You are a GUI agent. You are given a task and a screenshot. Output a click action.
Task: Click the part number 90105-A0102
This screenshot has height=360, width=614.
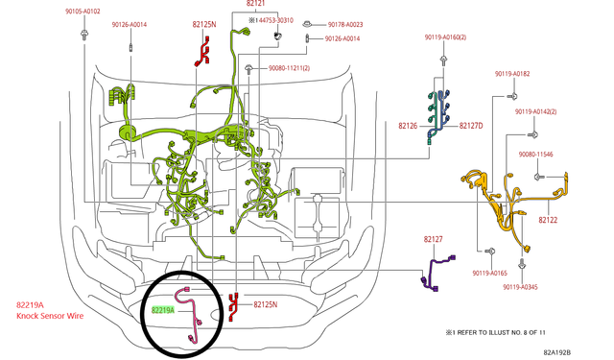click(x=83, y=12)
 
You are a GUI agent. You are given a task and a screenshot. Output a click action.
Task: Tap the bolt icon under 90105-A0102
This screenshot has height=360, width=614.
click(x=83, y=35)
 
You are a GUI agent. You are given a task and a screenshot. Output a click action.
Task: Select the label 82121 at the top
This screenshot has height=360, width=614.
click(x=255, y=4)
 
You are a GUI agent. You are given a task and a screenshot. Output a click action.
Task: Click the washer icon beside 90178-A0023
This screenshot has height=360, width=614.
click(x=308, y=24)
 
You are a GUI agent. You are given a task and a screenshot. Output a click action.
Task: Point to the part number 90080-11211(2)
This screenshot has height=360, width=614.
click(x=289, y=68)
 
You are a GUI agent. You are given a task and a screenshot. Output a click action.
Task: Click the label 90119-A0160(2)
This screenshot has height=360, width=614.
click(x=445, y=37)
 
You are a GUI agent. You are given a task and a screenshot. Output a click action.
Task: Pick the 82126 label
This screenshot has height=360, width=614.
click(x=408, y=126)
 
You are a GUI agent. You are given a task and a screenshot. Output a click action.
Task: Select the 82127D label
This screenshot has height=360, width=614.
click(x=471, y=126)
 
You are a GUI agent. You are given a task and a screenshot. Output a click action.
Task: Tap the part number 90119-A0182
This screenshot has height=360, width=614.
click(x=512, y=74)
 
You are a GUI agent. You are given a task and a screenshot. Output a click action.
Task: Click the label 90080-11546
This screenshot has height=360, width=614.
click(x=535, y=155)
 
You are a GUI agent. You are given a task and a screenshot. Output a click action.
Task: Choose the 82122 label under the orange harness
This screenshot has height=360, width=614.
click(x=548, y=220)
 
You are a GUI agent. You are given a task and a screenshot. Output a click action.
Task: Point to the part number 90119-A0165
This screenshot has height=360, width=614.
click(x=489, y=273)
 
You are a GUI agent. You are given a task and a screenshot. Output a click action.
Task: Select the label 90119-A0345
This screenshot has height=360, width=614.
click(x=520, y=287)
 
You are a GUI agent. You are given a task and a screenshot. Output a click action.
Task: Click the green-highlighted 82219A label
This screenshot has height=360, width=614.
click(x=162, y=310)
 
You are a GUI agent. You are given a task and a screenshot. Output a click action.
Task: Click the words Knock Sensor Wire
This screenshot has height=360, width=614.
click(x=50, y=316)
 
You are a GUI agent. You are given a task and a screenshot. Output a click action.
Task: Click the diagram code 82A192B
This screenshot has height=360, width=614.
click(x=556, y=352)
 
